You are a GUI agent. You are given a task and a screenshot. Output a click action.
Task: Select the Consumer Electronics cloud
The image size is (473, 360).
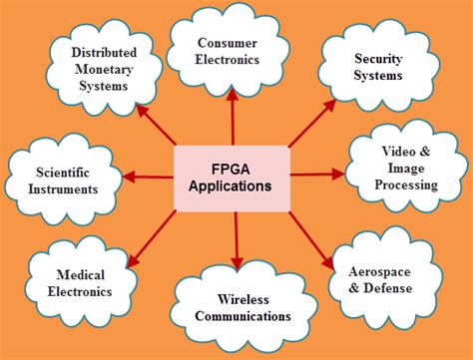(229, 50)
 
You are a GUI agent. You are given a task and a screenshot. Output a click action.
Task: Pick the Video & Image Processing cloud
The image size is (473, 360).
(407, 169)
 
